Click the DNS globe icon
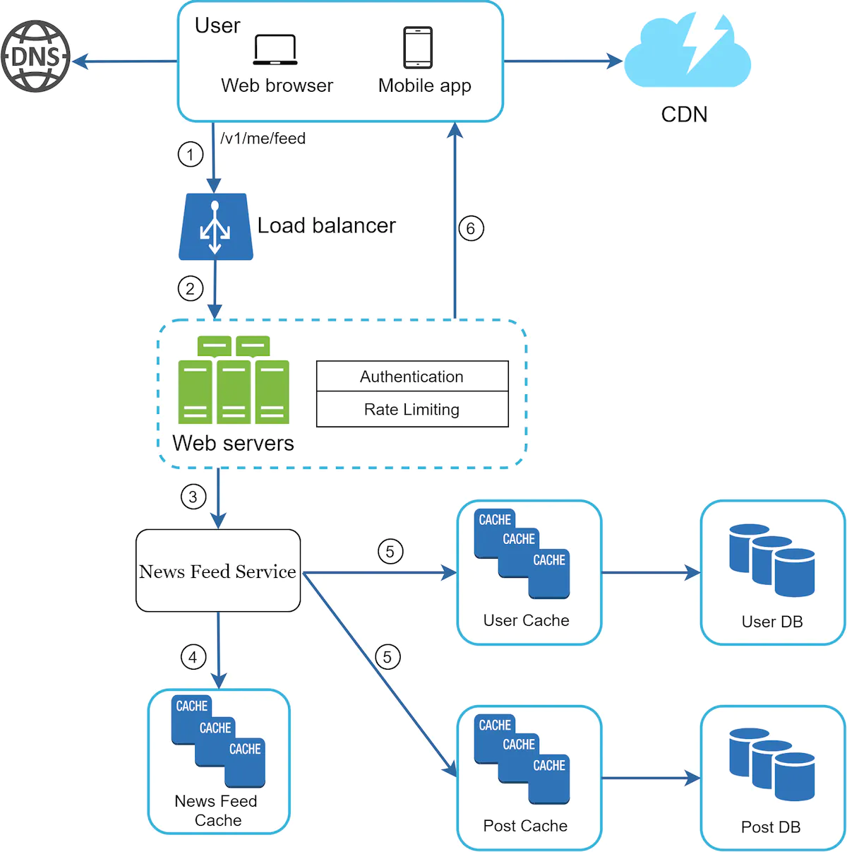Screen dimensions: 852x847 tap(35, 57)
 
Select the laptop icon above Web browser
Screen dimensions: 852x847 tap(275, 49)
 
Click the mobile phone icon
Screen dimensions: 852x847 tap(418, 47)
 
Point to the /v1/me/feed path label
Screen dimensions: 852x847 tap(263, 138)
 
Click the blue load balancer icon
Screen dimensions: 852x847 tap(215, 227)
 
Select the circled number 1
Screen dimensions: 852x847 tap(190, 154)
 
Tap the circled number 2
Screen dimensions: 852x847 tap(190, 288)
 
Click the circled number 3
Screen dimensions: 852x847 tap(193, 497)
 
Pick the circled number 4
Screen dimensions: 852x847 tap(193, 657)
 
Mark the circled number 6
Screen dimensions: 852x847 tap(471, 228)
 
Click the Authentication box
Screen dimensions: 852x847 tap(412, 377)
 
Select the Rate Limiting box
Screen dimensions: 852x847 tap(412, 410)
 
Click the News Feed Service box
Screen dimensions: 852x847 tap(217, 571)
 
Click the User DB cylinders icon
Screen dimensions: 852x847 tap(771, 560)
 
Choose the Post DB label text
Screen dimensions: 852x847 tap(771, 827)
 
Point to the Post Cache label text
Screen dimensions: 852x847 tap(525, 826)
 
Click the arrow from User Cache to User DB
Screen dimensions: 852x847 tap(650, 573)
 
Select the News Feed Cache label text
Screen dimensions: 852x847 tap(217, 811)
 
